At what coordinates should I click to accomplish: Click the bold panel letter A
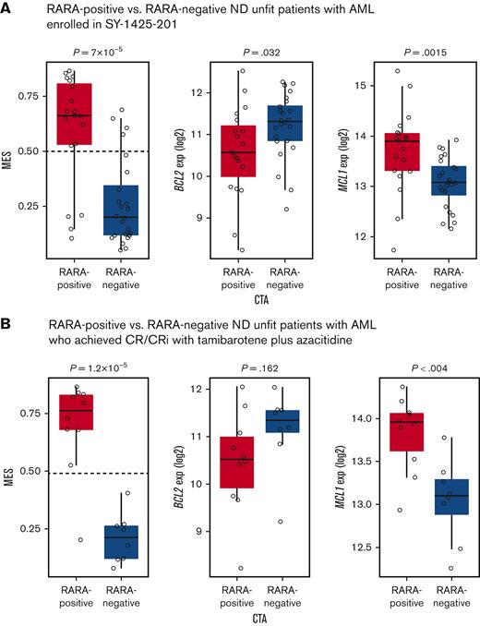[x=7, y=9]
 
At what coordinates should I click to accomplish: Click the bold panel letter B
[x=7, y=325]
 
